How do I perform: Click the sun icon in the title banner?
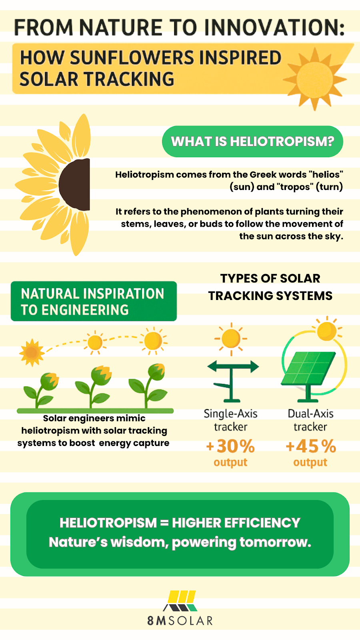coord(315,78)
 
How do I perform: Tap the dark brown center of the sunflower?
coord(75,184)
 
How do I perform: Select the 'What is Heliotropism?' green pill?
coord(252,142)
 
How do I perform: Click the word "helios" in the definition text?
coord(326,174)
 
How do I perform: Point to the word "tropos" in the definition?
coord(295,187)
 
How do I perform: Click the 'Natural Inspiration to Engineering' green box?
coord(94,301)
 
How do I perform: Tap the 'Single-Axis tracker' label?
coord(230,420)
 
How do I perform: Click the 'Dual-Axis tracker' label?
coord(310,420)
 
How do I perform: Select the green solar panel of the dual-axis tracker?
coord(308,368)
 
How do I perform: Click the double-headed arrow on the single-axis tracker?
coord(233,366)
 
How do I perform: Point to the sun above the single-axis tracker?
coord(231,339)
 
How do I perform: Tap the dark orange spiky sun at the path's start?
coord(32,352)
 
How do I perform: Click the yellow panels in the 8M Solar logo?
coord(182,596)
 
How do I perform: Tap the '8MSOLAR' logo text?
coord(180,620)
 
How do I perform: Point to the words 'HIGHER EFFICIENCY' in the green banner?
coord(236,523)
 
